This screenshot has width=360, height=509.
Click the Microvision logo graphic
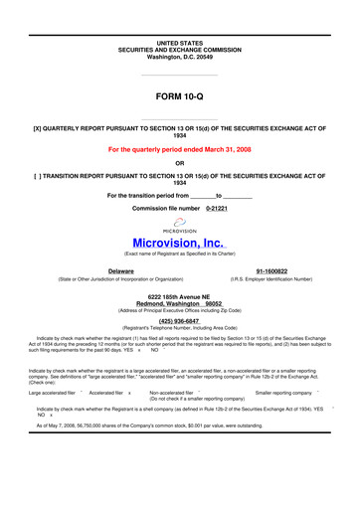tap(180, 228)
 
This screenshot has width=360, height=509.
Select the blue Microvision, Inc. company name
tap(180, 244)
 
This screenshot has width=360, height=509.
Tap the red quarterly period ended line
tap(179, 150)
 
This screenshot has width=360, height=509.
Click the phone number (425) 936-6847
tap(180, 321)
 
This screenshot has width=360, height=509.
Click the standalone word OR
tap(179, 163)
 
